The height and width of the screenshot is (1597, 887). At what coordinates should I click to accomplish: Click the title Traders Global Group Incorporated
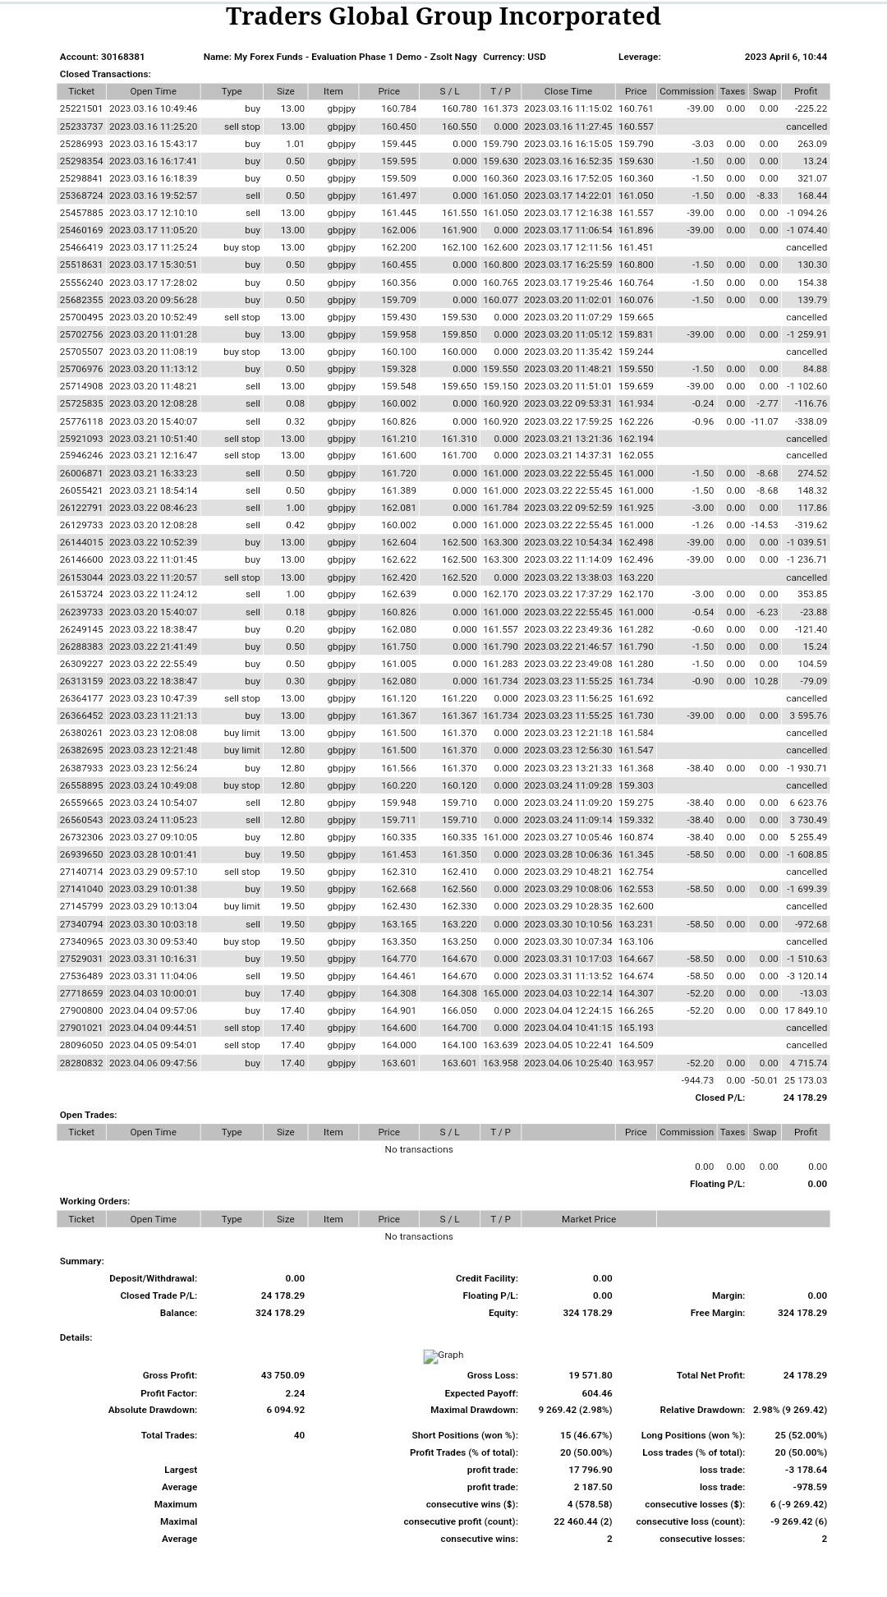[x=443, y=16]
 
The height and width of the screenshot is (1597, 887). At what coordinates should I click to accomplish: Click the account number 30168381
[x=122, y=57]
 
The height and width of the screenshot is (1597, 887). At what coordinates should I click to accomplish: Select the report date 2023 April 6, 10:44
[x=785, y=57]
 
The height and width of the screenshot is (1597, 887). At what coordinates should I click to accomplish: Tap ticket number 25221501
[x=81, y=108]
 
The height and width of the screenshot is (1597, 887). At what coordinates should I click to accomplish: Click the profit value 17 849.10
[x=806, y=1010]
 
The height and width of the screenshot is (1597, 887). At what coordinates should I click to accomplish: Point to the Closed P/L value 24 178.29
[x=805, y=1098]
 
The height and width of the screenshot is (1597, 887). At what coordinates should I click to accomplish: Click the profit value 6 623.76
[x=808, y=803]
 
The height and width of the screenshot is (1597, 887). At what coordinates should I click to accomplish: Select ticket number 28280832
[x=81, y=1063]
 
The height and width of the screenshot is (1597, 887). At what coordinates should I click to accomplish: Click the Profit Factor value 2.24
[x=295, y=1393]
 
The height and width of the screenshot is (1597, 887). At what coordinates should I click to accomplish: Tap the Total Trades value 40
[x=299, y=1435]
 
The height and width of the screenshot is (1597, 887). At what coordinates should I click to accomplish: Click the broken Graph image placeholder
[x=443, y=1355]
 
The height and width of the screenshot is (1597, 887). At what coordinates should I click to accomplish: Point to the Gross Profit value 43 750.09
[x=283, y=1375]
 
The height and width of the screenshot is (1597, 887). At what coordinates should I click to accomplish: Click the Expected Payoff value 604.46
[x=596, y=1393]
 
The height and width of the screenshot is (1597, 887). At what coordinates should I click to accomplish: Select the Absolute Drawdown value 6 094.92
[x=285, y=1410]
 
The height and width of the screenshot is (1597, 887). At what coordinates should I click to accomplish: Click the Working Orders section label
[x=94, y=1201]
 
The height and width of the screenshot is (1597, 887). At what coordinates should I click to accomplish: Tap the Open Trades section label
[x=88, y=1115]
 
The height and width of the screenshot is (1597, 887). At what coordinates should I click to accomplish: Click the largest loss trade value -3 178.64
[x=806, y=1470]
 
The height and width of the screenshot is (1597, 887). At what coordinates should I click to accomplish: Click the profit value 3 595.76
[x=808, y=716]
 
